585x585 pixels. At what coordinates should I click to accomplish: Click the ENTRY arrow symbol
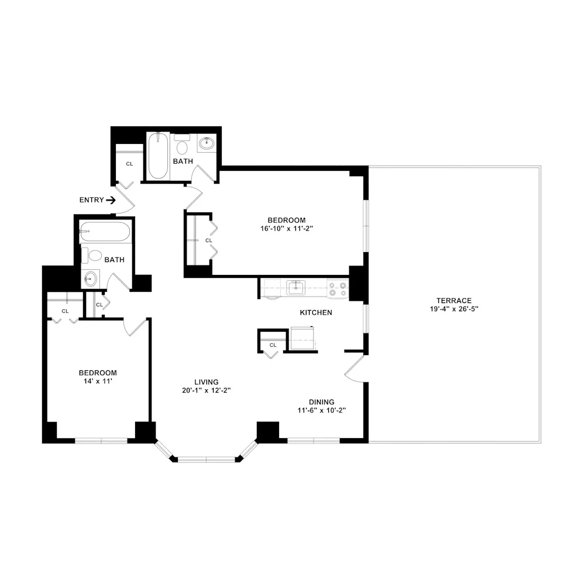click(111, 200)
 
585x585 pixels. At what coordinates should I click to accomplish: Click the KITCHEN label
click(316, 312)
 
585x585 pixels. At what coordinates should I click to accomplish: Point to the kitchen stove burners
click(339, 288)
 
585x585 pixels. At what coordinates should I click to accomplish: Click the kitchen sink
click(295, 287)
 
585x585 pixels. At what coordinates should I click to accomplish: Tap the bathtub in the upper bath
click(158, 156)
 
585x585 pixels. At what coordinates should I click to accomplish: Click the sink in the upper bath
click(207, 143)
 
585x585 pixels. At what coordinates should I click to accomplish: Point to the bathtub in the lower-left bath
click(105, 232)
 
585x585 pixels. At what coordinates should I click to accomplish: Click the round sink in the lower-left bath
click(91, 279)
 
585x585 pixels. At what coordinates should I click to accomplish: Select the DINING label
click(322, 402)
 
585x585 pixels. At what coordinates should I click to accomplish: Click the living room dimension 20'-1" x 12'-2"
click(207, 390)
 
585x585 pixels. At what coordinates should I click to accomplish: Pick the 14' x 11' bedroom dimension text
click(98, 381)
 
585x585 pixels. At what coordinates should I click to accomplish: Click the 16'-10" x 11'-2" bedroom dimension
click(291, 229)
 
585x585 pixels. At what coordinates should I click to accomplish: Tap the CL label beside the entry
click(129, 164)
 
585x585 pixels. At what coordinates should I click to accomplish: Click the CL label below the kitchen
click(273, 345)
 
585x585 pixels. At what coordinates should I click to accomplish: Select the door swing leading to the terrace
click(355, 369)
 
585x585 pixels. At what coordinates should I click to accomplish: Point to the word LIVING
click(207, 382)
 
